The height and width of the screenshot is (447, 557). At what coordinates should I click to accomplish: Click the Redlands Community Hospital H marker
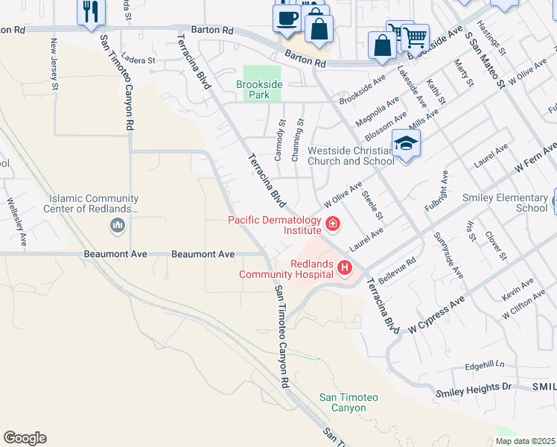(345, 267)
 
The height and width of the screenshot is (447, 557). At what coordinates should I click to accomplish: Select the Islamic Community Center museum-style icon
(117, 224)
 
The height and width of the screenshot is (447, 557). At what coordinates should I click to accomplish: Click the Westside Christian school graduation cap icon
(407, 142)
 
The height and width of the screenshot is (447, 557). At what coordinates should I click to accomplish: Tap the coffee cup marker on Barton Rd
(287, 17)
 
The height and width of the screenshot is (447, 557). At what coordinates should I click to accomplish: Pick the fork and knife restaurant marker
(92, 11)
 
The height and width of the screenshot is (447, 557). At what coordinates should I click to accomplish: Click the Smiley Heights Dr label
(475, 387)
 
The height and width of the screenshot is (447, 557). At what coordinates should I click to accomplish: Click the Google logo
(25, 438)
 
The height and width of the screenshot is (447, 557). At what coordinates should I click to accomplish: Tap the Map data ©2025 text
(526, 441)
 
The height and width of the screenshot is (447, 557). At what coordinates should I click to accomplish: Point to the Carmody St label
(279, 140)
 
